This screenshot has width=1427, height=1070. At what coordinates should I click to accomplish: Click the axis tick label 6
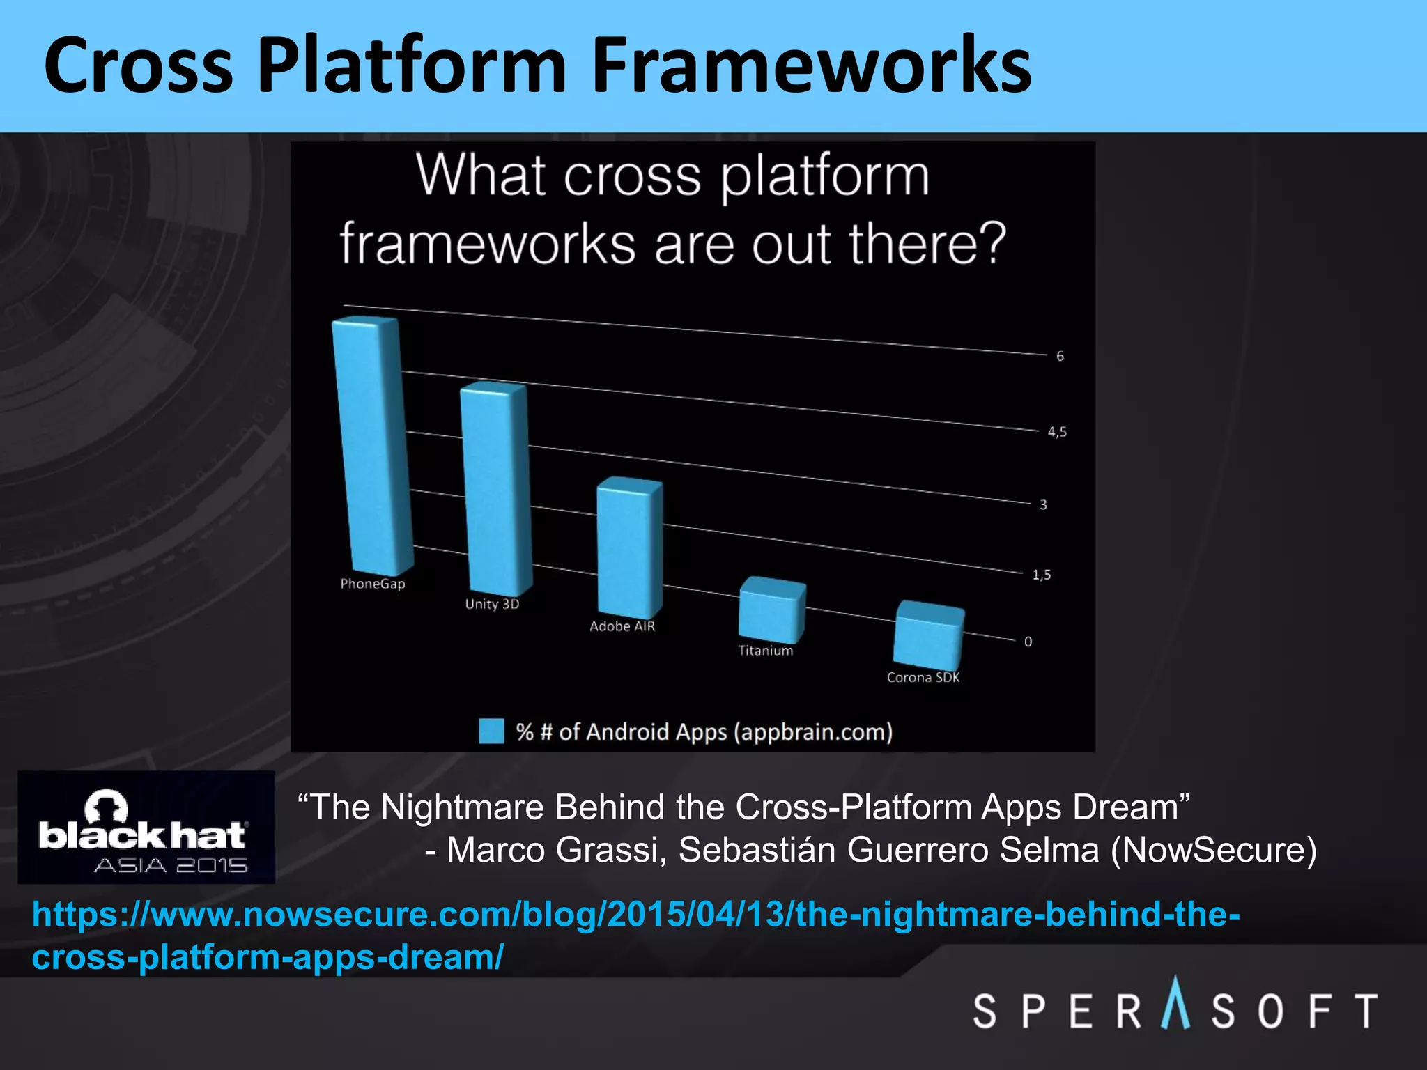coord(1060,357)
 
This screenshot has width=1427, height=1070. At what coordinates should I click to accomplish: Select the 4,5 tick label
coord(1057,433)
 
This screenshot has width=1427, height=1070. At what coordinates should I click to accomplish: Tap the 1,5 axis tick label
coord(1042,575)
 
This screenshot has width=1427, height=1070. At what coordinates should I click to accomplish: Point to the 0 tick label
coord(1028,642)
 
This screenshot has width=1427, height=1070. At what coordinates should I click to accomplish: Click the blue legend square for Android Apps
coord(491,731)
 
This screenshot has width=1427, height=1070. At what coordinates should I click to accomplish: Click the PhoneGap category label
coord(372,584)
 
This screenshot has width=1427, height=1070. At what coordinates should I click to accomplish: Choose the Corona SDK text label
coord(923,677)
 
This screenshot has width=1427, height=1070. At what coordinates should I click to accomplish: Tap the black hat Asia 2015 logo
coord(146,828)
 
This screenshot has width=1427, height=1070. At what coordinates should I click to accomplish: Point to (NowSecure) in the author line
coord(1213,851)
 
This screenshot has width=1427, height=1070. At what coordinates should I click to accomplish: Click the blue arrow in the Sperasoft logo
coord(1175,1003)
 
